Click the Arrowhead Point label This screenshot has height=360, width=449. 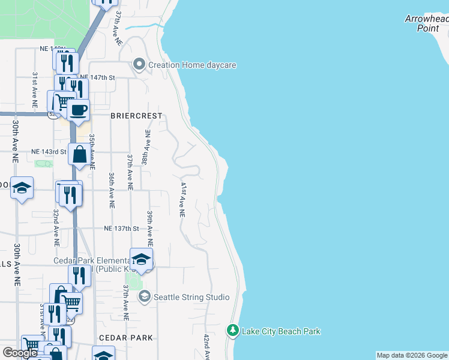click(426, 23)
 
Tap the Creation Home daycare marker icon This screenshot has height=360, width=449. click(139, 64)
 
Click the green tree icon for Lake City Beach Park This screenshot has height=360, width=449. click(233, 331)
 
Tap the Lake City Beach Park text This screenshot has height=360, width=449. click(281, 331)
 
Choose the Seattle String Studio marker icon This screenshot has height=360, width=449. click(144, 296)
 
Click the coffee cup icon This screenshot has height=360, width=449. click(78, 110)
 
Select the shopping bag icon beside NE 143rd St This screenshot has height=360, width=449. click(79, 155)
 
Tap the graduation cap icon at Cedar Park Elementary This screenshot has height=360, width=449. click(142, 259)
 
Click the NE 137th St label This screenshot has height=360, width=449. click(121, 229)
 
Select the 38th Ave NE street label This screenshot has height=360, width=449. click(145, 147)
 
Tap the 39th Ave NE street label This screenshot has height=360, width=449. click(150, 229)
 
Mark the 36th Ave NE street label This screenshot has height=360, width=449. click(112, 190)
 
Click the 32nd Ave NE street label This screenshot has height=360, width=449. click(56, 228)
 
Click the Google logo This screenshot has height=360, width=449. click(20, 353)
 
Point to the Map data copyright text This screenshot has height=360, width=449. click(412, 355)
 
